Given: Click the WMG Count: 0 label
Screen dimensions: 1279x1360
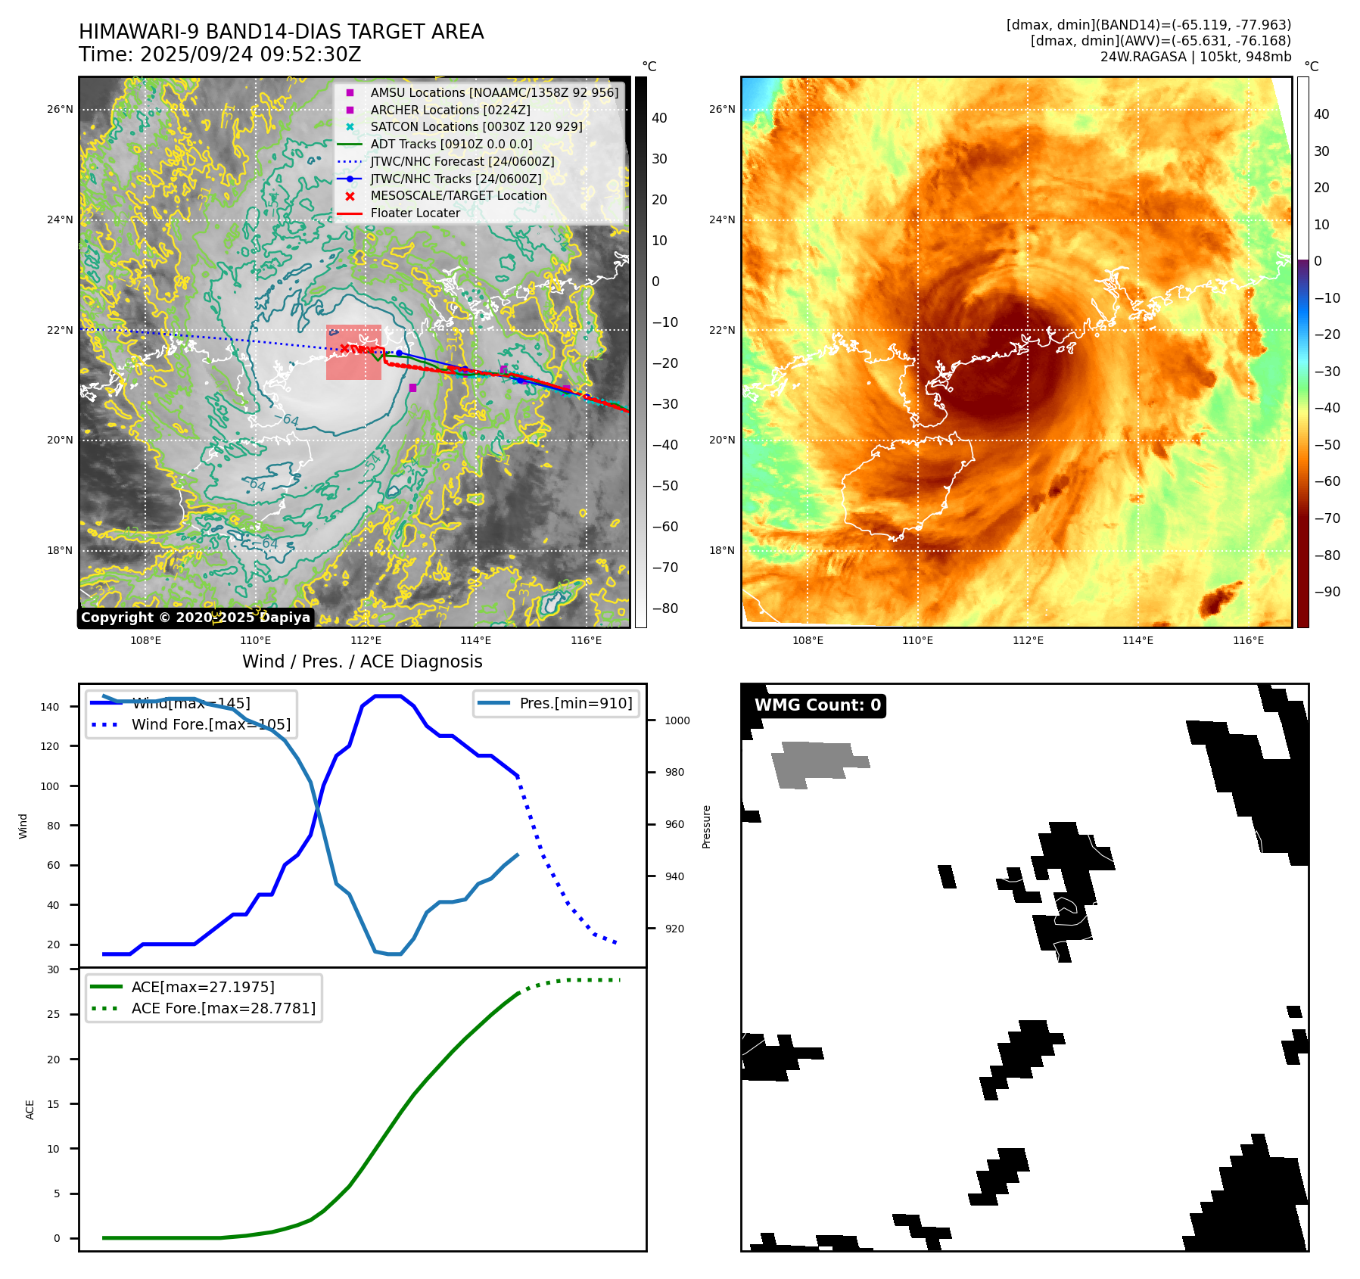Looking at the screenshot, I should (817, 705).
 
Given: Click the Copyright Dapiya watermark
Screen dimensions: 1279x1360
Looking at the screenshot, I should (195, 618).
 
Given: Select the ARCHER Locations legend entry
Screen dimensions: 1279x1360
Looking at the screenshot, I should (450, 110).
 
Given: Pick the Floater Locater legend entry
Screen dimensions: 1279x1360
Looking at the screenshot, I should (415, 213).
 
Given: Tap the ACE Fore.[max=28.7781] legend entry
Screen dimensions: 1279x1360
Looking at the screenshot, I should (223, 1008).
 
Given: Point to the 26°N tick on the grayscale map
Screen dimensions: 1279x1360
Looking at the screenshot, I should (60, 109).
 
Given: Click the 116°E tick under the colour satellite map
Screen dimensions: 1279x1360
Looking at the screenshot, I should (1248, 640).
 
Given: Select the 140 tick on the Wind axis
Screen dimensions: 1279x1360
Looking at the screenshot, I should (50, 707).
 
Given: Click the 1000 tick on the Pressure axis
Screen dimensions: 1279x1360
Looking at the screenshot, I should (677, 720).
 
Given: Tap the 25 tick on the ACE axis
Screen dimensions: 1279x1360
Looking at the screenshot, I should (53, 1014).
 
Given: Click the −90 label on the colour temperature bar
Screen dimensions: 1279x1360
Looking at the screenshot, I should (1327, 592).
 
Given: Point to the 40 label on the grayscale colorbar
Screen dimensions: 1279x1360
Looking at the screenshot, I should (659, 118).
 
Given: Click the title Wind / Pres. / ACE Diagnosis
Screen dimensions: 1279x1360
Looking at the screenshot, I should (362, 661).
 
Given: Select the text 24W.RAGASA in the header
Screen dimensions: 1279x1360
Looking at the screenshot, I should (1143, 57).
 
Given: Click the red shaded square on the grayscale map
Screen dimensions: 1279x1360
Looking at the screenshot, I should (353, 353).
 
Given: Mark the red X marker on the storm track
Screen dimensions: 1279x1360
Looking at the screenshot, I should (345, 348).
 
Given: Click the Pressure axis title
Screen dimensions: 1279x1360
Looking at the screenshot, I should (706, 826).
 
